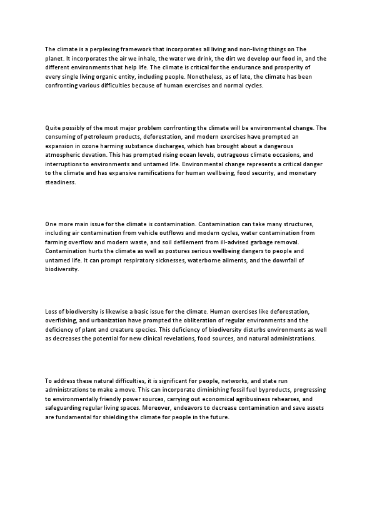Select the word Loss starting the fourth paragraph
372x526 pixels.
click(x=52, y=311)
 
